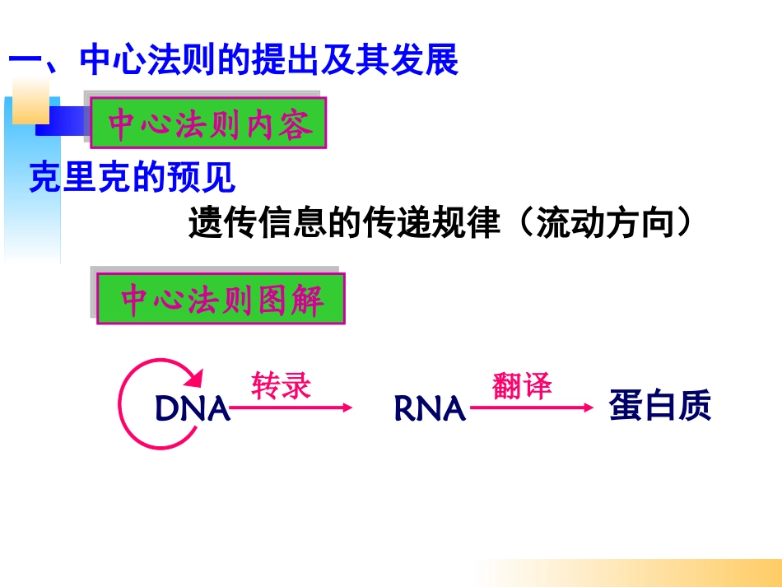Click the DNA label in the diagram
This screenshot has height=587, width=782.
tap(192, 408)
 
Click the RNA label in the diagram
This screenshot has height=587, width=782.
tap(430, 408)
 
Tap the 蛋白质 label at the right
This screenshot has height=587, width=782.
tap(659, 406)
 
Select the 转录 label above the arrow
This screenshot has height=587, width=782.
tap(282, 385)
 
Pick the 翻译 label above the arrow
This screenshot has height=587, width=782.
tap(522, 385)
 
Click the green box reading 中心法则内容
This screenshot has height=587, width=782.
tap(207, 124)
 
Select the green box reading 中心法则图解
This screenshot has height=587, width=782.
tap(221, 300)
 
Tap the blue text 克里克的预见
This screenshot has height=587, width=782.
tap(132, 177)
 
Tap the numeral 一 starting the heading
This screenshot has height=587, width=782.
tap(25, 62)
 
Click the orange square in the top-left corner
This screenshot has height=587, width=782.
tap(30, 100)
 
